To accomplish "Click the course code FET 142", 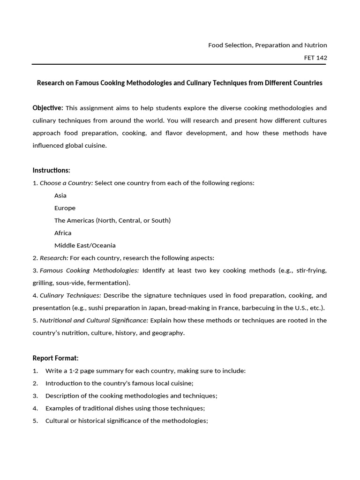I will click(x=315, y=58).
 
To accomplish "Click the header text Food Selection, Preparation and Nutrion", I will click(x=268, y=45).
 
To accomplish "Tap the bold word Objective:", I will click(x=48, y=108).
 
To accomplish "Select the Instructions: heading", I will click(x=51, y=170).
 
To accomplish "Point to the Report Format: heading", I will click(x=55, y=358).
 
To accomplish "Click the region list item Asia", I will click(x=60, y=195).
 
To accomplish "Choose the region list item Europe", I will click(x=65, y=208).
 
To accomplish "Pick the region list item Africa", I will click(x=63, y=233).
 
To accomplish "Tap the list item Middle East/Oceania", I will click(x=85, y=245).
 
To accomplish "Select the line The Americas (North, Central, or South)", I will click(x=112, y=220).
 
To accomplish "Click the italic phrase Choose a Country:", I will click(x=67, y=183).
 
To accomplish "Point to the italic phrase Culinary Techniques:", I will click(x=70, y=295).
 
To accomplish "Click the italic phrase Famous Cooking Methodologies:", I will click(x=90, y=270).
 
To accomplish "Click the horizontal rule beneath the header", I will click(x=180, y=64).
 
